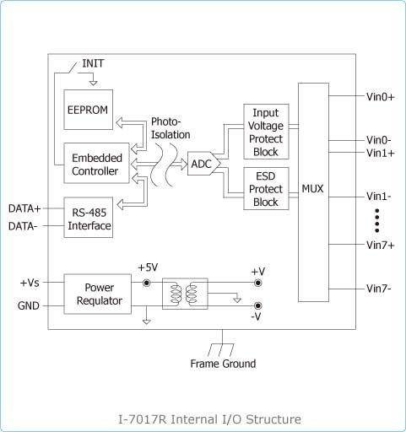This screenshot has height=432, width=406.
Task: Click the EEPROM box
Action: [89, 110]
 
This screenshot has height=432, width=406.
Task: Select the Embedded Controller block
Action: [96, 163]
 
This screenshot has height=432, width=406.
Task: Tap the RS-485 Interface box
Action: [89, 218]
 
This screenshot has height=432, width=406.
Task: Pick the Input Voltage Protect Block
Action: [266, 132]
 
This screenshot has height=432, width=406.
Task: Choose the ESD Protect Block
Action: [266, 189]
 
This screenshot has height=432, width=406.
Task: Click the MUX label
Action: [312, 189]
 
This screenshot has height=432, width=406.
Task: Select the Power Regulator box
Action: [98, 294]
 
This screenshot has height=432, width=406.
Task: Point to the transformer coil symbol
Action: [185, 294]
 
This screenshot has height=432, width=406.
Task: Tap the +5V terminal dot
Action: [147, 283]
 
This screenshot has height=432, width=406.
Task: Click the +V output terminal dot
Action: [257, 283]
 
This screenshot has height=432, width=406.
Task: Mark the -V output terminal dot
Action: [257, 305]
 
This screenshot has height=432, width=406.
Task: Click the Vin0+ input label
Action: [381, 97]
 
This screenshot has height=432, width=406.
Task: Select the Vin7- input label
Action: [379, 289]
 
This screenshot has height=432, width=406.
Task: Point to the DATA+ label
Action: [24, 208]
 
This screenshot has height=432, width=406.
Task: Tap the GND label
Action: [29, 305]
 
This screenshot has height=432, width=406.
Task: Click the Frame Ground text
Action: [223, 364]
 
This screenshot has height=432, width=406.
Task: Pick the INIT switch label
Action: [93, 63]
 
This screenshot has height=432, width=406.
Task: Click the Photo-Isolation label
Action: [171, 128]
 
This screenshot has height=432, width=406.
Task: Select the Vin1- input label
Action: [379, 197]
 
